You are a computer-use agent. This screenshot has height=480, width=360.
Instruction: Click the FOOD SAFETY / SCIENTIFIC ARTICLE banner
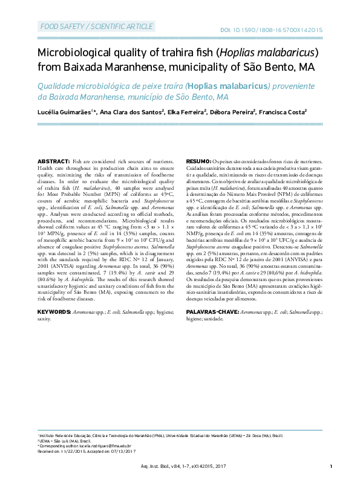96,27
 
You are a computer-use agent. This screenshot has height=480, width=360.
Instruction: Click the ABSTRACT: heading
53,162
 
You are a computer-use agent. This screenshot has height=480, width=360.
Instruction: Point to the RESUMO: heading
197,162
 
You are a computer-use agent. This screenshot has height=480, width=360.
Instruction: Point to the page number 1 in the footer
332,466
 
